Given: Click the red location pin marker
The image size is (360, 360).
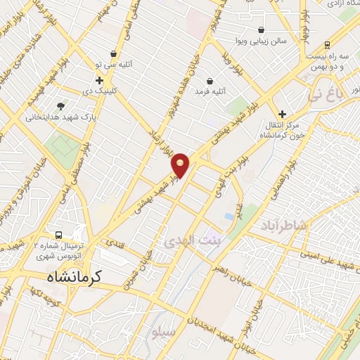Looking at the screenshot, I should tap(181, 165).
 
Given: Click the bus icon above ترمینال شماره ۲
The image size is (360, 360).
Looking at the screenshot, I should tap(60, 236).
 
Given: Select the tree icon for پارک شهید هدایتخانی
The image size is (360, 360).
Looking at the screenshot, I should tap(60, 106).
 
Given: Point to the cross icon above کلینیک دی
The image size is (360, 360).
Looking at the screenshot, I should tap(100, 80).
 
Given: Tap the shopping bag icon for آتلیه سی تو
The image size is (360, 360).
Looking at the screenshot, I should tap(113, 53).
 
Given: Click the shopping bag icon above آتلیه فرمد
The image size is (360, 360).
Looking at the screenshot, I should tap(209, 81).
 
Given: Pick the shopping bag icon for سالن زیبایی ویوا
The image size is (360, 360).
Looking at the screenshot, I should tap(262, 30).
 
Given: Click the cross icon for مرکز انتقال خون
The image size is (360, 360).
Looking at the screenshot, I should tap(283, 114).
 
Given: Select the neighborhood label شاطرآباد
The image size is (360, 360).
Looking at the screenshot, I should tap(285, 225).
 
